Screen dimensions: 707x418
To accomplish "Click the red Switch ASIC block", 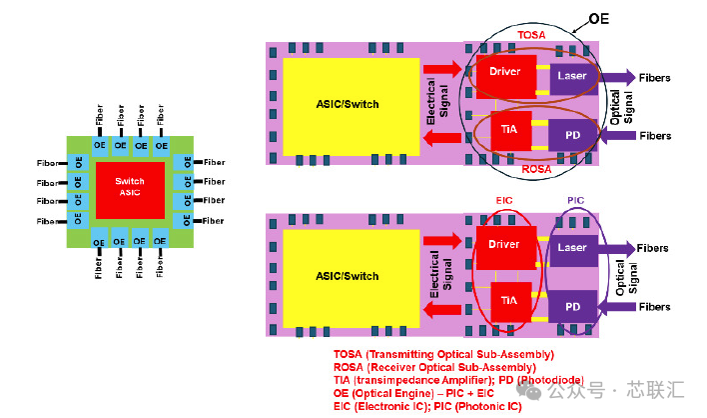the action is tap(130, 190).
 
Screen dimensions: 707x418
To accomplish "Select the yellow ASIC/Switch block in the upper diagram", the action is tap(352, 107).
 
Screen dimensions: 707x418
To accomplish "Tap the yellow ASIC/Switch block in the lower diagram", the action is tap(352, 279).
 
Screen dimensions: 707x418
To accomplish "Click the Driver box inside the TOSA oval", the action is tap(506, 77).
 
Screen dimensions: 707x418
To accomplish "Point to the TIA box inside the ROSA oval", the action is tap(511, 131).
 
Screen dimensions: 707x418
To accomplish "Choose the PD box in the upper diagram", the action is tap(572, 135).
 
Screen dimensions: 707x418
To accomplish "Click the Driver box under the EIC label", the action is tap(506, 248).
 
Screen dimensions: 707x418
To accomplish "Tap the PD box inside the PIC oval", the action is tap(572, 307).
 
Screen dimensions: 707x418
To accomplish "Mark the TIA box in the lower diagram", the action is tap(511, 302).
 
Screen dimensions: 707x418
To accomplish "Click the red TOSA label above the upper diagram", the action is tap(531, 35).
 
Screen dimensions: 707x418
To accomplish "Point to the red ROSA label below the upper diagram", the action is tap(536, 169).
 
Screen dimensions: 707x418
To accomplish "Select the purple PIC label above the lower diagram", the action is tap(575, 200).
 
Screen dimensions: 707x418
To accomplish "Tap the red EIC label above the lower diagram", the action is tap(504, 200).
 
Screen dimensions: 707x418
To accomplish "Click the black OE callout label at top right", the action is tap(599, 19).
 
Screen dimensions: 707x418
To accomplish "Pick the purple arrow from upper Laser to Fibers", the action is tap(618, 78).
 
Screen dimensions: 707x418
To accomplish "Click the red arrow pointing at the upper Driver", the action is tap(442, 69).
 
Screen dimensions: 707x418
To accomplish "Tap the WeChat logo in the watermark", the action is tap(528, 390).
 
